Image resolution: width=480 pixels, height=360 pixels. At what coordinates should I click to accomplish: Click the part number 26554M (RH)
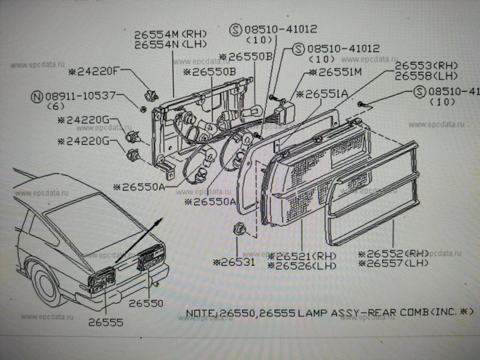click(172, 35)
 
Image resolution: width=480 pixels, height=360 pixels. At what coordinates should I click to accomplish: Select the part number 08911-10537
click(83, 96)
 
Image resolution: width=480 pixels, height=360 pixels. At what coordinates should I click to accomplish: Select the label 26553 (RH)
click(427, 66)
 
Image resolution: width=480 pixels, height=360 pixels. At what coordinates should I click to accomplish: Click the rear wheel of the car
click(47, 284)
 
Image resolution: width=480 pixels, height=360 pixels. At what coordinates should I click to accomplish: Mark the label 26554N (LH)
click(171, 44)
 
